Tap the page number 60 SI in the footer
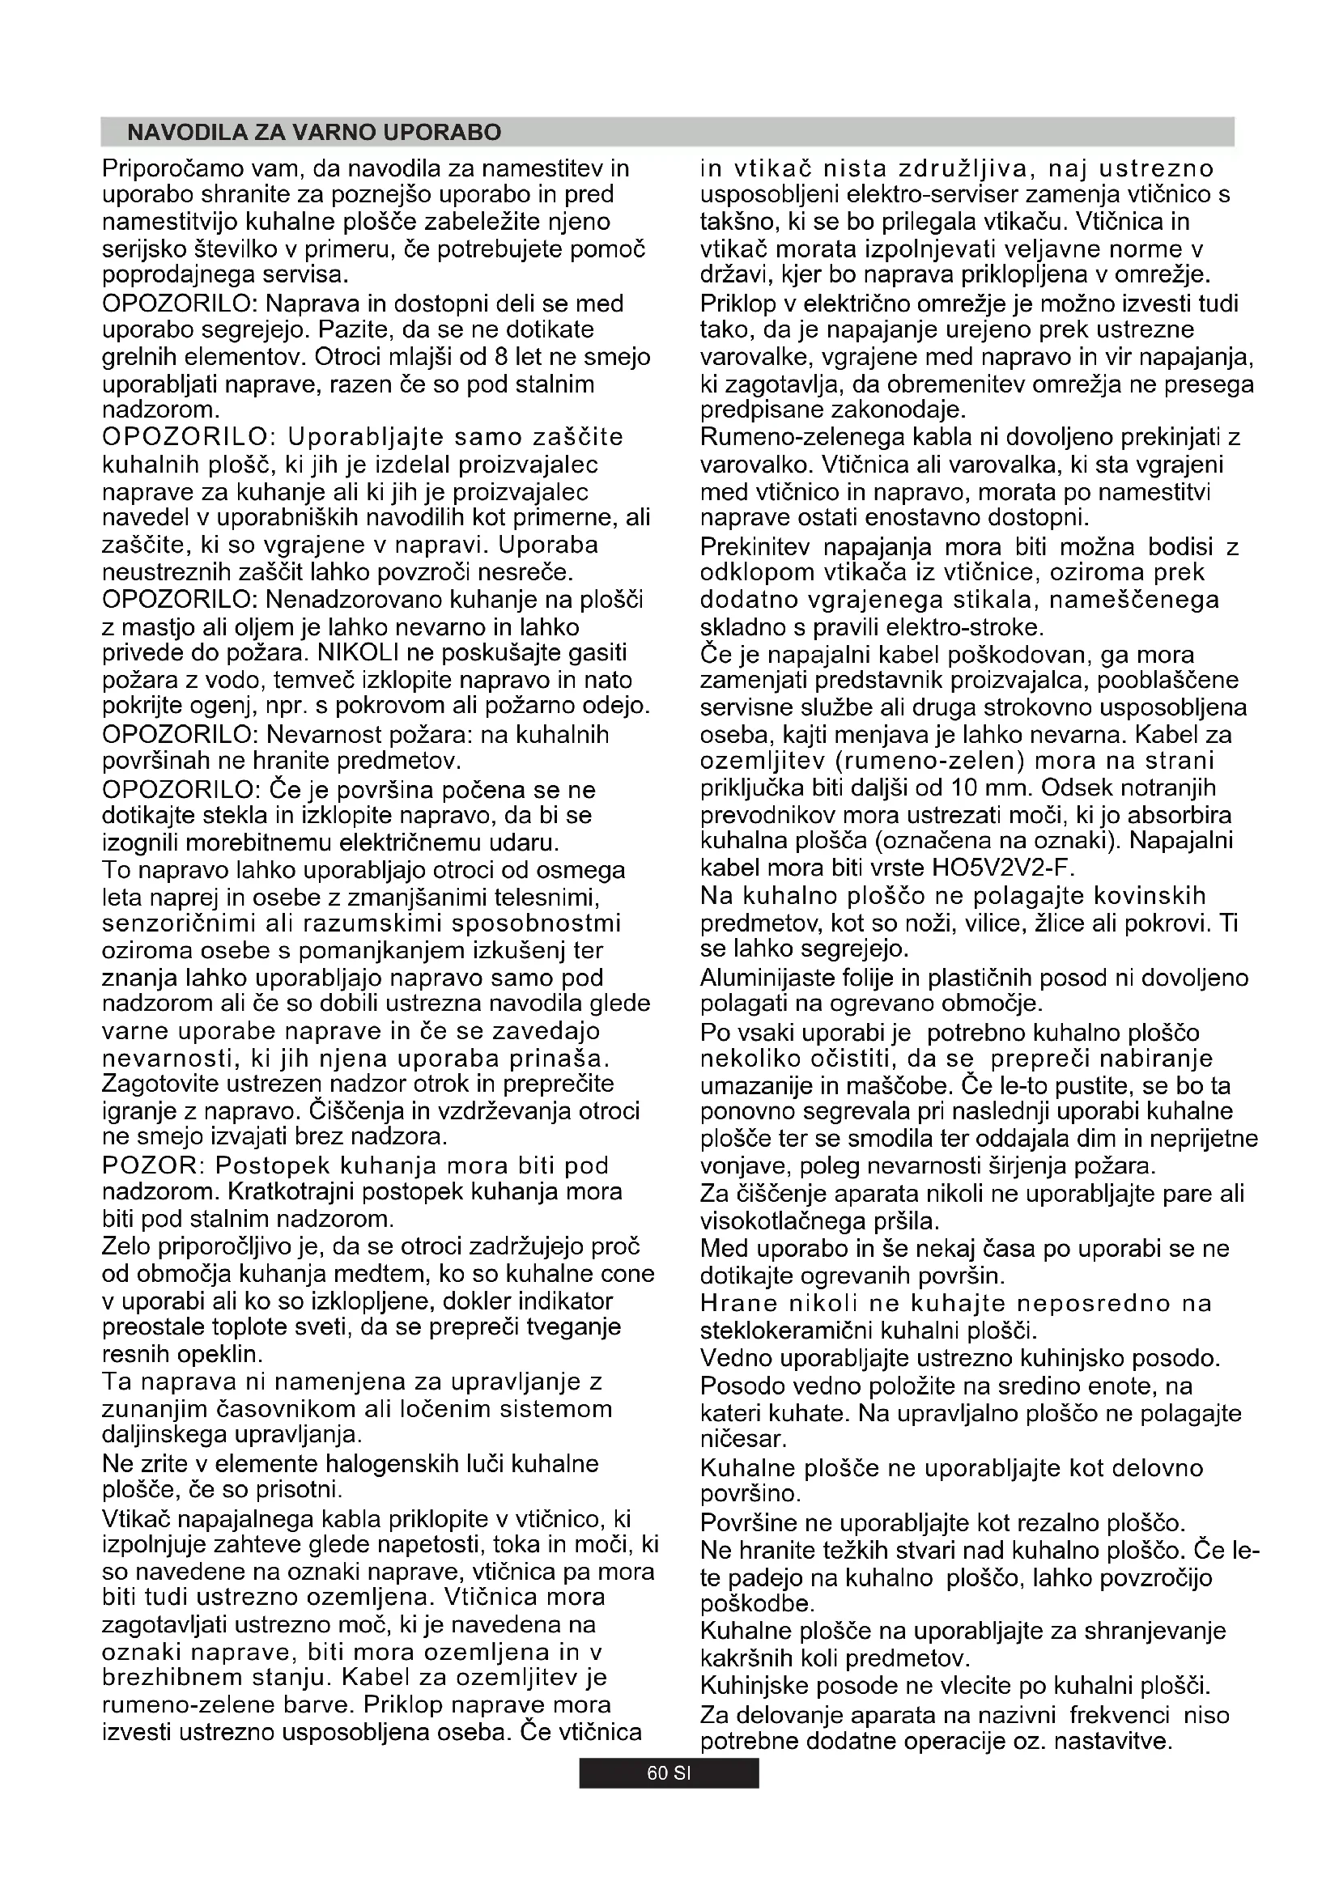click(669, 1773)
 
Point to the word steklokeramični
click(787, 1331)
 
